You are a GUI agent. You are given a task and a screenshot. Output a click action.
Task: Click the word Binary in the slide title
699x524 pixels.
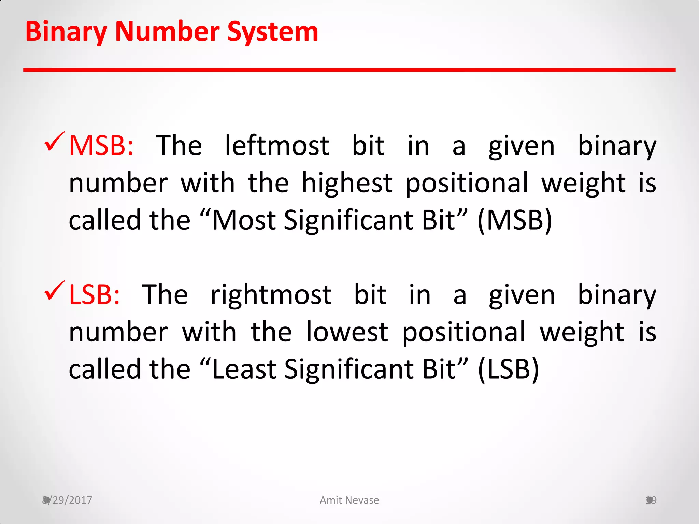(66, 32)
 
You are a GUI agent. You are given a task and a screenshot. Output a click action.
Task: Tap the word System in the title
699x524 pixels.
(273, 32)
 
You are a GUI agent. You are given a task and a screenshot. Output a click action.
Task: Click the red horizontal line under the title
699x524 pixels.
(349, 70)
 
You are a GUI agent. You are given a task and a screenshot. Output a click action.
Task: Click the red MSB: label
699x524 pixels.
(101, 146)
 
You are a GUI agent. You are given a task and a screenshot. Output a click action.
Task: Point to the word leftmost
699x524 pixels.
(277, 146)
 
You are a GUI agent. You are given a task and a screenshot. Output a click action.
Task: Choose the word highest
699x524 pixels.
(347, 183)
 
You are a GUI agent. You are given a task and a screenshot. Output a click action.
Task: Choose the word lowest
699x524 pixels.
(347, 332)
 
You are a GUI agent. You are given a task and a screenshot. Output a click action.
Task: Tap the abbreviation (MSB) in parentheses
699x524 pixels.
(514, 220)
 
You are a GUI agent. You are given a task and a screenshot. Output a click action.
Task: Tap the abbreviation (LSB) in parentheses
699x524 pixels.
(508, 369)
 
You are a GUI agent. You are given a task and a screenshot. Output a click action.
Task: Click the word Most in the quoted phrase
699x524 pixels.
(244, 220)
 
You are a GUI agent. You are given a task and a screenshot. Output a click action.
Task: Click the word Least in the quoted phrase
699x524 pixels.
(244, 369)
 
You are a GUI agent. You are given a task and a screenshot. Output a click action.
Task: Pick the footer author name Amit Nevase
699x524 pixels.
(349, 500)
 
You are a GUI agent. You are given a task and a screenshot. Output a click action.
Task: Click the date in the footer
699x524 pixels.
(67, 500)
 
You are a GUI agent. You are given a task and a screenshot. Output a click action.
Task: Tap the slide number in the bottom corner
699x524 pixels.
(651, 500)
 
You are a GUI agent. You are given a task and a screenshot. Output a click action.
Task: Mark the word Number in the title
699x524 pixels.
(167, 32)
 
